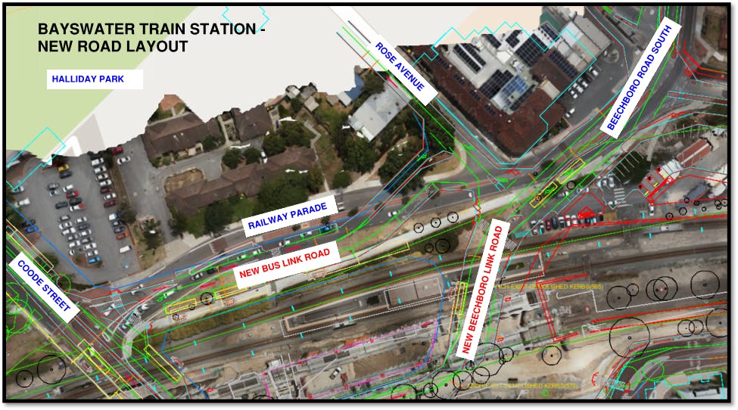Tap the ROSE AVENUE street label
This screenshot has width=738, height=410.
[x=400, y=67]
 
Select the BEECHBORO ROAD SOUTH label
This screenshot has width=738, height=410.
[x=641, y=76]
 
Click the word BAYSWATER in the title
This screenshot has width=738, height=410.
[x=82, y=30]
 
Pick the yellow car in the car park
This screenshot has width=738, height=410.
[x=64, y=167]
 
